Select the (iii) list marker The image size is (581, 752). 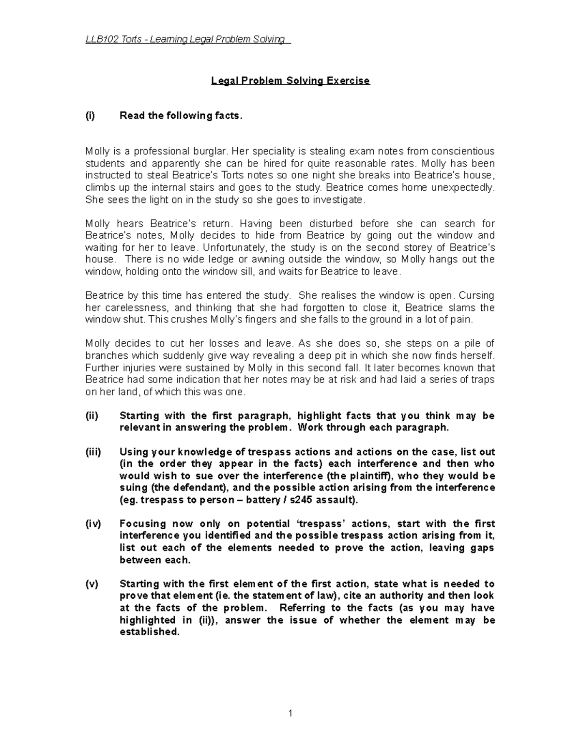[x=93, y=452]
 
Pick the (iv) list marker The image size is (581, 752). [x=93, y=524]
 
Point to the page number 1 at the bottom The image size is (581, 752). [x=290, y=713]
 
